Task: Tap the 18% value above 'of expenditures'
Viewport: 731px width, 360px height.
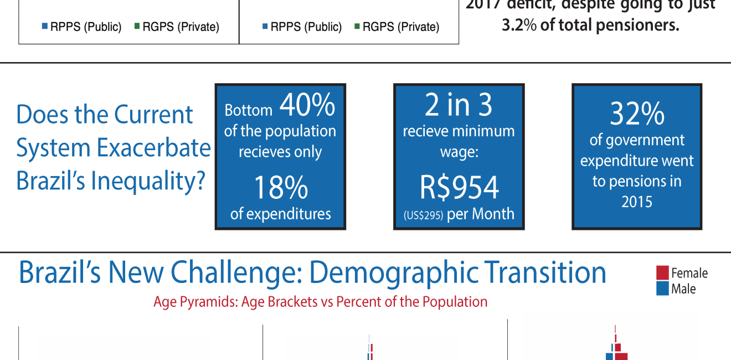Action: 280,188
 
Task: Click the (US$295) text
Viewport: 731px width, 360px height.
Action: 423,215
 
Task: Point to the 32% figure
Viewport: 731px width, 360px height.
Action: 637,115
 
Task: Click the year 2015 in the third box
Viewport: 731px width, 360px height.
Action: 637,202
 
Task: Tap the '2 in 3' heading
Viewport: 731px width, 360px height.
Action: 459,105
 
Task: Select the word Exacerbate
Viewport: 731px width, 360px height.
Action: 153,148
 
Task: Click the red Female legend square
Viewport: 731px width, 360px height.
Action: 662,272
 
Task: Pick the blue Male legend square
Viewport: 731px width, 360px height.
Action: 662,289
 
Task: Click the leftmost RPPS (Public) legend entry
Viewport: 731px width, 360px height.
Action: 81,27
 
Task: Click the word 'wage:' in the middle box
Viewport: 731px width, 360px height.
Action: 459,152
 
